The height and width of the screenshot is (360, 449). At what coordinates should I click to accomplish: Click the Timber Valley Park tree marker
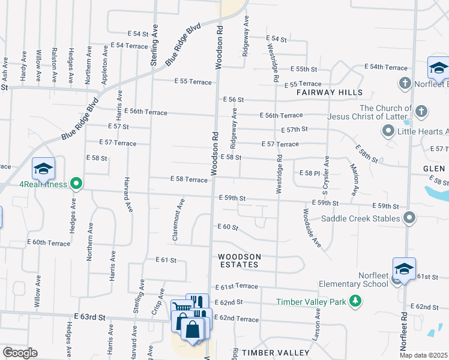pos(357,301)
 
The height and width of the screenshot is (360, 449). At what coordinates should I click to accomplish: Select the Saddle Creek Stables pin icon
pos(410,218)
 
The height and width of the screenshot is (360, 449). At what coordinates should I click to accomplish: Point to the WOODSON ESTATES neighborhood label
pos(240,260)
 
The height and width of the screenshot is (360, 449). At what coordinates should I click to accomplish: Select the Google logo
pos(20,353)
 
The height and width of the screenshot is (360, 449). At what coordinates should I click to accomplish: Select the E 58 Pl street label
pos(309,173)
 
